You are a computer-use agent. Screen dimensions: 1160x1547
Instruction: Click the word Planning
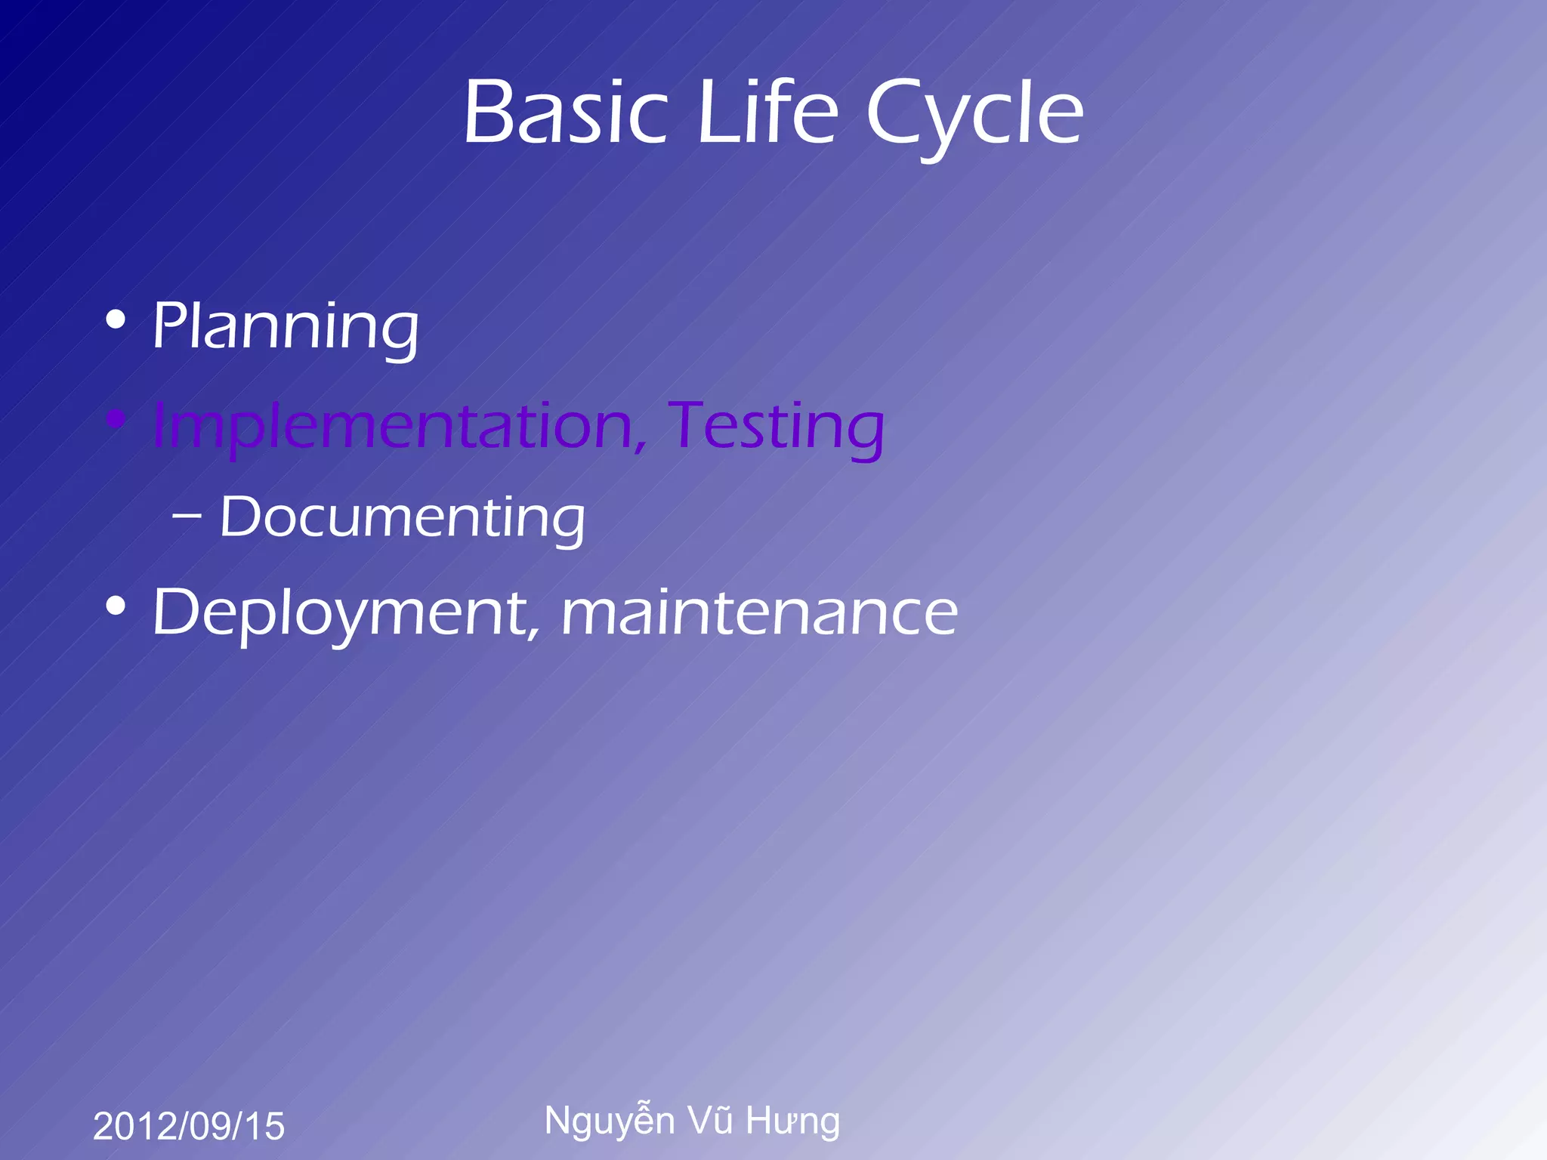(286, 326)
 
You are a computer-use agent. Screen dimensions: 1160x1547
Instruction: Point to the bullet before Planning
(116, 320)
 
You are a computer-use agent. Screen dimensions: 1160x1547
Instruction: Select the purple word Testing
(777, 427)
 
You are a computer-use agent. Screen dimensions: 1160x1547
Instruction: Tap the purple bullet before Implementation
(116, 419)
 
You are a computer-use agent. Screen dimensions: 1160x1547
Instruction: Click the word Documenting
(403, 518)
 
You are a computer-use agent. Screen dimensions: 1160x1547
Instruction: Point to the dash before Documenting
(187, 517)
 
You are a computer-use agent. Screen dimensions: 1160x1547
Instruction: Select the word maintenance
(759, 613)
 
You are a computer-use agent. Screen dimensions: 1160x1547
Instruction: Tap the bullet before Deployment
(116, 606)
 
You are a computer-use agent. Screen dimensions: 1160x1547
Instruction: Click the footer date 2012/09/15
(189, 1126)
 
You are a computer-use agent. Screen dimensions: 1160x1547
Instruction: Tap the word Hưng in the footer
(792, 1121)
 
